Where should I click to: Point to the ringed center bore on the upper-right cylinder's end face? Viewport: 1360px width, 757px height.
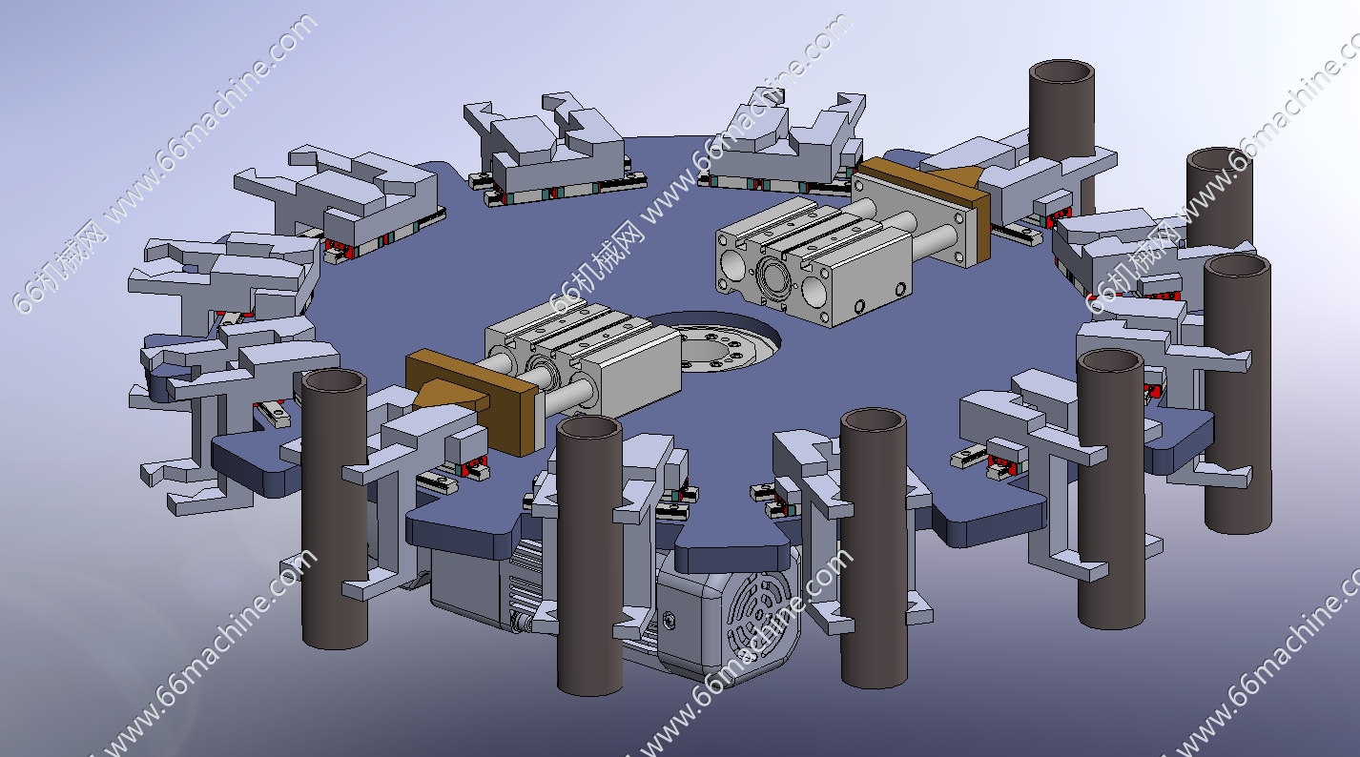(774, 277)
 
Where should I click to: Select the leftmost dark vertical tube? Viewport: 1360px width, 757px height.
(335, 509)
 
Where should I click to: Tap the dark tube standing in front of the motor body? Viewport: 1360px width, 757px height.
(589, 555)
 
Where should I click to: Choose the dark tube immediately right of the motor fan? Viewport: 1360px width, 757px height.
(874, 548)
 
